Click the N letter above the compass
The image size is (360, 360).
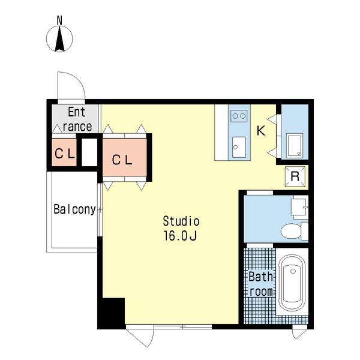coord(59,20)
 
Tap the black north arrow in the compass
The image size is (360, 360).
coord(59,39)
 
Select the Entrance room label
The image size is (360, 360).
coord(77,119)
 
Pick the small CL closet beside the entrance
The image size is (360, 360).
coord(64,152)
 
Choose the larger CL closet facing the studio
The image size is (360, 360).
coord(124,157)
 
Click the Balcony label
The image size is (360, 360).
coord(74,209)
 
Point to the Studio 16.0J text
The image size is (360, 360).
coord(181,228)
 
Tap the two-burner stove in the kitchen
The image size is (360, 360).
coord(239,116)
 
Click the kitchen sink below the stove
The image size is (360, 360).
coord(239,147)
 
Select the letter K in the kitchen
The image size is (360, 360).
coord(261,131)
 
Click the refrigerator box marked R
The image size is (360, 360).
coord(295,176)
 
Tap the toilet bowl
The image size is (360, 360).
coord(291,231)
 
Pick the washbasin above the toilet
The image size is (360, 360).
coord(299,207)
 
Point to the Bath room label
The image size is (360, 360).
coord(261,284)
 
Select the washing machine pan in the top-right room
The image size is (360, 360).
coord(295,146)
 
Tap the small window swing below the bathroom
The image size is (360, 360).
coord(299,332)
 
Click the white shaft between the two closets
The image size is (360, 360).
coord(89,152)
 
